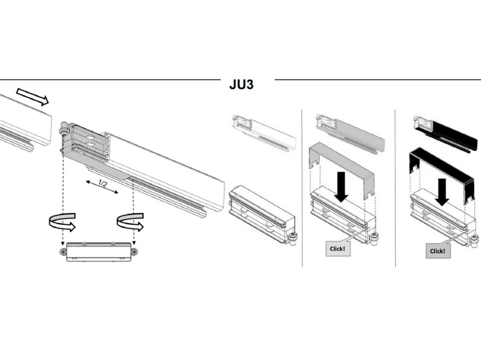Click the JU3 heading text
coord(241,85)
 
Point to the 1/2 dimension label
coord(102,183)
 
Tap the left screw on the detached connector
coord(62,252)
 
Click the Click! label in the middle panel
coord(337,249)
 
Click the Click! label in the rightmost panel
coord(438,251)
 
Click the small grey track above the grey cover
coord(350,131)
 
